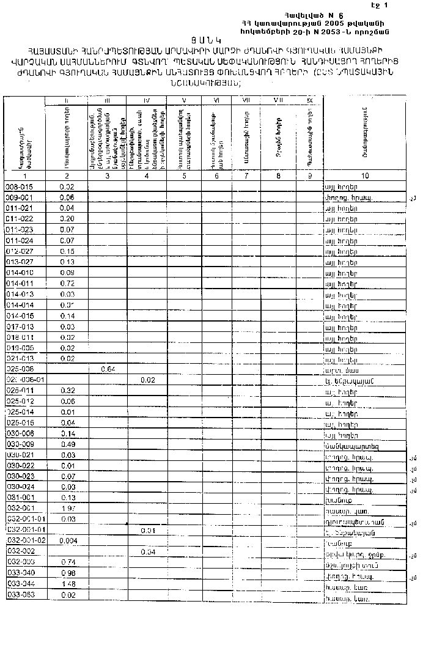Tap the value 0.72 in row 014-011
(x=67, y=284)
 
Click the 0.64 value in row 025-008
(x=108, y=369)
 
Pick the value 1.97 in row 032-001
(x=67, y=508)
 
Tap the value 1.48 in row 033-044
(x=67, y=584)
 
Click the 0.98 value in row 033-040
(x=67, y=573)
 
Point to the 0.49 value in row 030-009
(x=67, y=444)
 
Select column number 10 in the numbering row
(x=365, y=176)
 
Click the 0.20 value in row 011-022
(x=67, y=218)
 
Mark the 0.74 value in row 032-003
(x=67, y=562)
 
